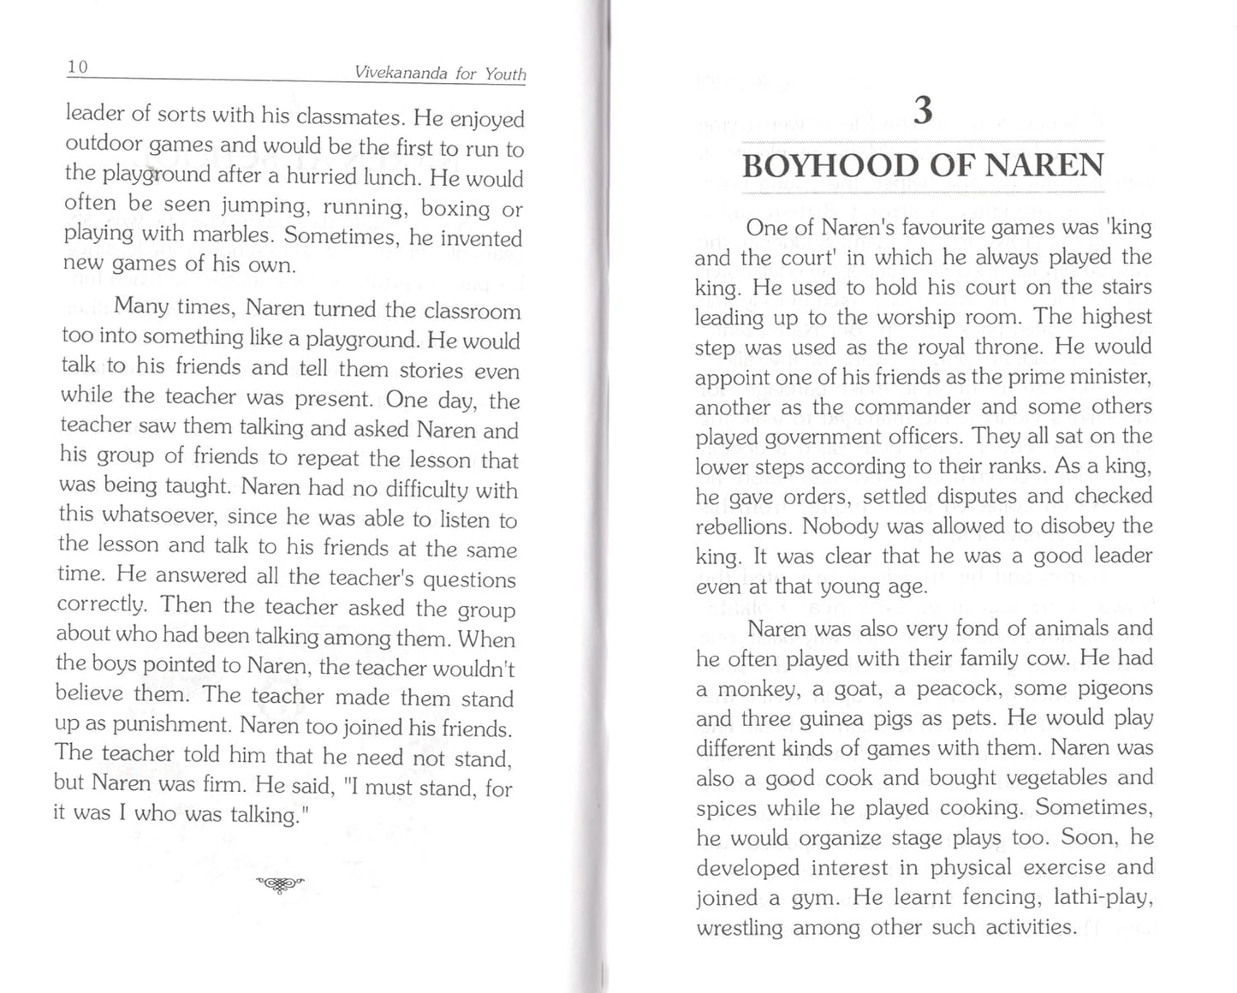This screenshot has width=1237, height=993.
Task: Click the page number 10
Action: coord(78,67)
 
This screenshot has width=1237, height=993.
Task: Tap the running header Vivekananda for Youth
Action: coord(440,74)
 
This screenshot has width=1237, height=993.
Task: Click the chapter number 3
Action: coord(922,111)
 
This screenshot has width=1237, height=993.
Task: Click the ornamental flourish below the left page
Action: coord(280,884)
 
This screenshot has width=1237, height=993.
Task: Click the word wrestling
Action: coord(740,928)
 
